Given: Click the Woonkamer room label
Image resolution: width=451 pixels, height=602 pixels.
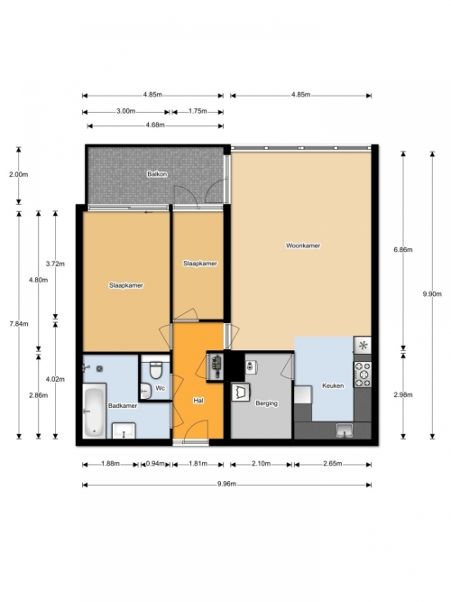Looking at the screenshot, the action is tap(303, 245).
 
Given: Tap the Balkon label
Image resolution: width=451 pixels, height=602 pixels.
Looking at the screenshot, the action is tap(157, 174).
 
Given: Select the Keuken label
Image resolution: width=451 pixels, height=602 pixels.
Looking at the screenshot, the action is tap(333, 385).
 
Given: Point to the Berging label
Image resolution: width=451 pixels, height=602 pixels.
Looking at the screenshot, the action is tap(266, 403).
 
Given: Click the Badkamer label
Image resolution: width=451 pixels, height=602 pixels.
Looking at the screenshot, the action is tap(123, 406).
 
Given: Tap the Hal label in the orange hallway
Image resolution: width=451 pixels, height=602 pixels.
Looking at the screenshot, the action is tap(198, 401).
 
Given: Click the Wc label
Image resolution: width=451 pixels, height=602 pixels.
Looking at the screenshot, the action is tap(160, 388).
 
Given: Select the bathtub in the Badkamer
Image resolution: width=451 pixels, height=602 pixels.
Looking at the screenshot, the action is tap(94, 411).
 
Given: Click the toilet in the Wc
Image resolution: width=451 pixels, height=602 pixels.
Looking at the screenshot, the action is tap(156, 369).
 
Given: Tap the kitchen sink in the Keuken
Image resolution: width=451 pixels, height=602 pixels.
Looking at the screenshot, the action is tap(345, 430).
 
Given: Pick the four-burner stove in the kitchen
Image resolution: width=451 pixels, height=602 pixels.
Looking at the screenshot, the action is tap(363, 374).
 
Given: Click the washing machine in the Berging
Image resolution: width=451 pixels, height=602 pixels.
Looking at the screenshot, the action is tap(241, 392).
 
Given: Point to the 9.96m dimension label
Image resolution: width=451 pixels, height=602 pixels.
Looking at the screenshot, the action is tap(226, 484).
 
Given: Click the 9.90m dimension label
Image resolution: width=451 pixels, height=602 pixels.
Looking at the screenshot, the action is tap(432, 294).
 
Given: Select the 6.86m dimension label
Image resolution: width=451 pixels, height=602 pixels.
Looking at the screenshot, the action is tap(403, 250).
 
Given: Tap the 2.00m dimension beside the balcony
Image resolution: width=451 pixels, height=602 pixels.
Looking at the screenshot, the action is tap(18, 175).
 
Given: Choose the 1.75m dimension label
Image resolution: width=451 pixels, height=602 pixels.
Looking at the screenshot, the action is tap(198, 111).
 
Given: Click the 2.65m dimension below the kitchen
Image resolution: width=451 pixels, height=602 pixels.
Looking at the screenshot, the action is tap(333, 464).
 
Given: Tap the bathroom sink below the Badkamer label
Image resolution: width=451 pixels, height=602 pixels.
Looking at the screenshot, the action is tap(124, 431).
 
